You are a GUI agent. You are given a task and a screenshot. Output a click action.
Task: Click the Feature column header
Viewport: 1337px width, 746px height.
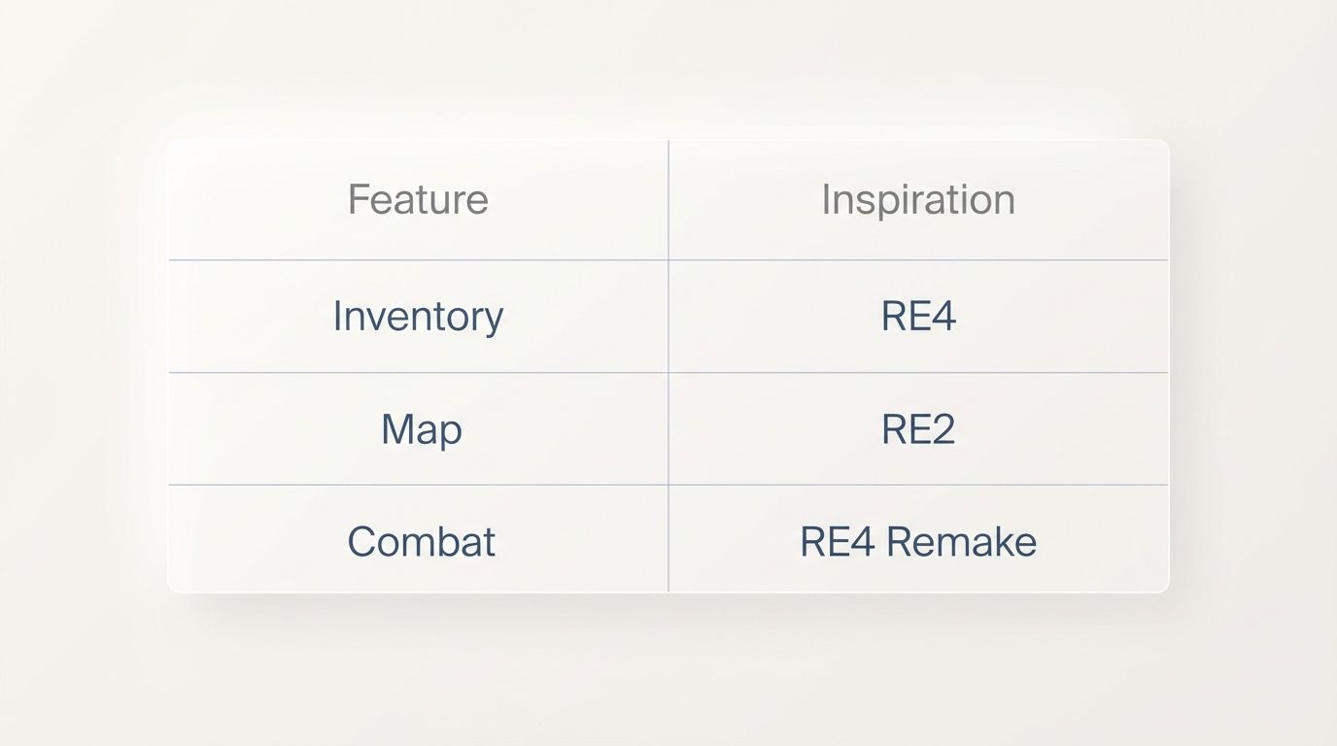[x=418, y=200]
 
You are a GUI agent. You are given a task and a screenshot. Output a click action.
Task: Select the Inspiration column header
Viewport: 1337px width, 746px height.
[x=918, y=200]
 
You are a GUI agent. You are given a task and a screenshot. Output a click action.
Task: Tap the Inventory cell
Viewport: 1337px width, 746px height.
[x=418, y=317]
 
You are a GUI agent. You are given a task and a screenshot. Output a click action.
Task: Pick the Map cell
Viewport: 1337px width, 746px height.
[x=421, y=429]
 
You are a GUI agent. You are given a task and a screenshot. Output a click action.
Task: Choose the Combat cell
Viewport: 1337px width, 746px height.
[x=421, y=542]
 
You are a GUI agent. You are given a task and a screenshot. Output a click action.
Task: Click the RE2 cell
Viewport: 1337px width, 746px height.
[x=918, y=429]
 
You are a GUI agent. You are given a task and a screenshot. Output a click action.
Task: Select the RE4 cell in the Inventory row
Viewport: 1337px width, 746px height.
[x=918, y=317]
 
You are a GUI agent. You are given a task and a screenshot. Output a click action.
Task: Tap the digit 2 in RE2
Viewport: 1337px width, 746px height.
[x=943, y=429]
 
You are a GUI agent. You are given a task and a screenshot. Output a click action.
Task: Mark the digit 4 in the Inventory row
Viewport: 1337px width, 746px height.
[x=944, y=317]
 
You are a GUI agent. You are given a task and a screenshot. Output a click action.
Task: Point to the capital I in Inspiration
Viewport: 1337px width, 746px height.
[x=826, y=200]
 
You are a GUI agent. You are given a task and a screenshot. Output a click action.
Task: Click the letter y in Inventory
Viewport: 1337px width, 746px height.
[x=494, y=321]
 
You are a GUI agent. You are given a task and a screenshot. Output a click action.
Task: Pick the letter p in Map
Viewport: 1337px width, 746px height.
[x=451, y=433]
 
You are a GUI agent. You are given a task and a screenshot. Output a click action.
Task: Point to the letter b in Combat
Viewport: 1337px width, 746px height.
[x=451, y=541]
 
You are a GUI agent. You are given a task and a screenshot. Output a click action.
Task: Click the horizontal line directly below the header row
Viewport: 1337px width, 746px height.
[x=668, y=259]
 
